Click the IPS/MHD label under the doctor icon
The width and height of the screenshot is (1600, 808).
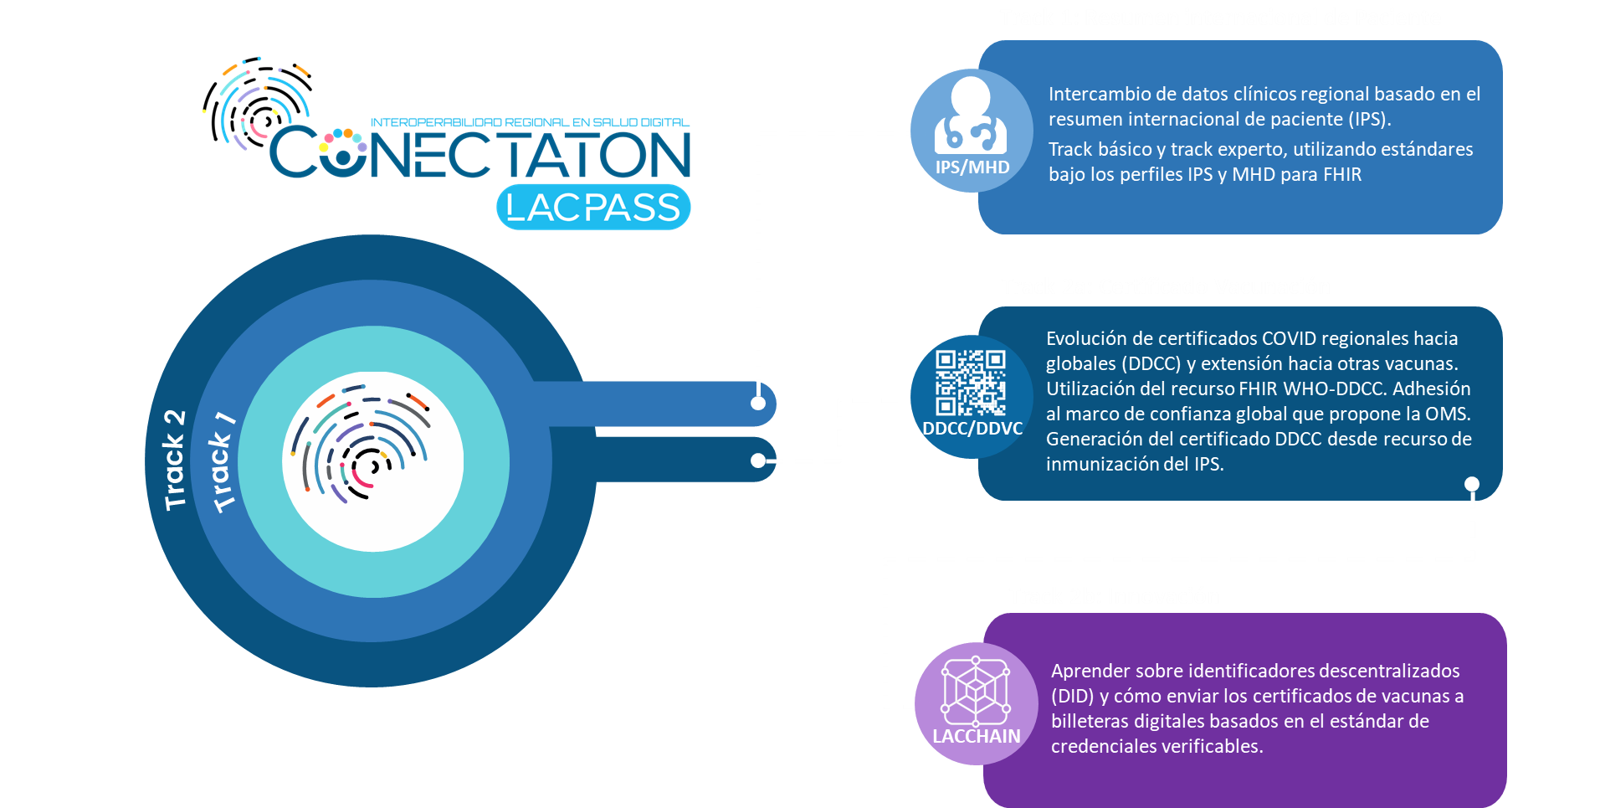[972, 167]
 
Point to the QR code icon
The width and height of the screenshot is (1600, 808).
[971, 383]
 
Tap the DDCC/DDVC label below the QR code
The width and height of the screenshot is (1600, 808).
[972, 429]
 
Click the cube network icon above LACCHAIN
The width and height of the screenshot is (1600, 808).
[976, 691]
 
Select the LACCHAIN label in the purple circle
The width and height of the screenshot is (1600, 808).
[976, 737]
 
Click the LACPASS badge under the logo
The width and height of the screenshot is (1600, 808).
[593, 207]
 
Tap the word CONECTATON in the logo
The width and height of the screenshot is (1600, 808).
[480, 154]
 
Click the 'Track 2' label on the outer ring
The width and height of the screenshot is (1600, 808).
[174, 460]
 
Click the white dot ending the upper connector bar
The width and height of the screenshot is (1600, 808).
[758, 403]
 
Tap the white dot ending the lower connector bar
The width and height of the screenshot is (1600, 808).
[758, 461]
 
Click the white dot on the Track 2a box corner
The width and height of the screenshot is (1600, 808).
[1472, 484]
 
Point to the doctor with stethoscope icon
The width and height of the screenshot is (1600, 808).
[971, 117]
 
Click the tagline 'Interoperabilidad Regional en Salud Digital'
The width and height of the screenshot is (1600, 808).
[530, 122]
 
